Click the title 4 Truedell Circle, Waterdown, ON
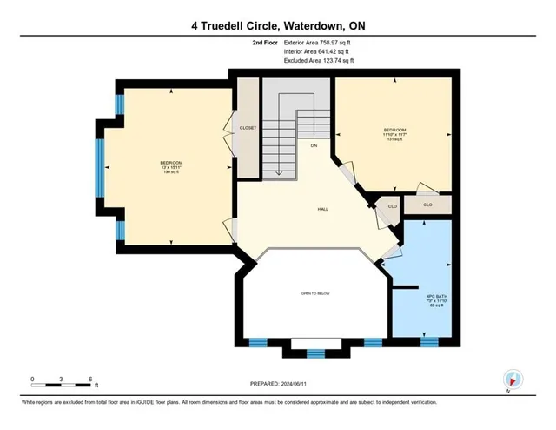278,26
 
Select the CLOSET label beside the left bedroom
249,128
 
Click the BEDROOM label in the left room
170,163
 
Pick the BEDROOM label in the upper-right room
393,131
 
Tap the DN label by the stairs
314,146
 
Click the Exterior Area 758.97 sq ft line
320,43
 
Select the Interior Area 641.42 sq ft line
319,52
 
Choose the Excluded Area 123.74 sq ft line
319,62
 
